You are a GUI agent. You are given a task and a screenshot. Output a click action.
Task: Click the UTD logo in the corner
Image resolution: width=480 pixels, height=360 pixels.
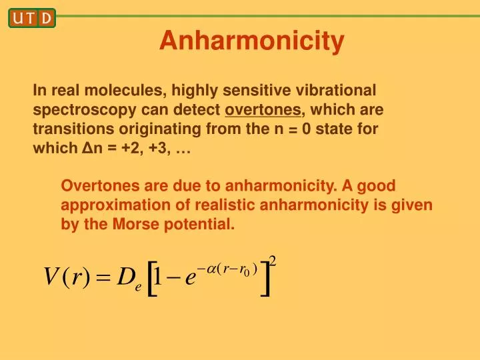31,18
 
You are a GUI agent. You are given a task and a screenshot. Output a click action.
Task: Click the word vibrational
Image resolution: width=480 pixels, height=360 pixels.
338,89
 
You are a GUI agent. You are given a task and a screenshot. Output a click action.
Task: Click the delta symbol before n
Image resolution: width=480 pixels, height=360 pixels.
85,149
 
